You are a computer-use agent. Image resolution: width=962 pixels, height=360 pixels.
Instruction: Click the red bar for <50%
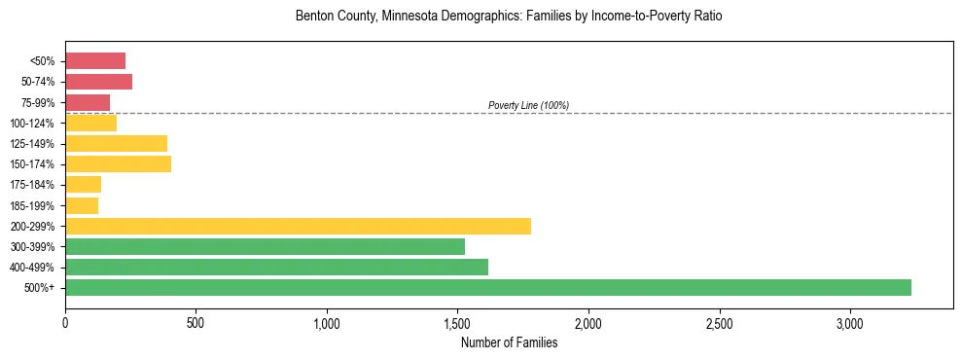(95, 60)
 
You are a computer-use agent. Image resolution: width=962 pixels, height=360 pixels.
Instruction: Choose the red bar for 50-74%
(98, 82)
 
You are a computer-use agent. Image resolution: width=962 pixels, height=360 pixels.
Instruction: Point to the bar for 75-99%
(88, 102)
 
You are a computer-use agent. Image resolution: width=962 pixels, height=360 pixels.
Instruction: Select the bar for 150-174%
(118, 163)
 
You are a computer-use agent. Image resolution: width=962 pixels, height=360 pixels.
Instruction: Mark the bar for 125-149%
(116, 143)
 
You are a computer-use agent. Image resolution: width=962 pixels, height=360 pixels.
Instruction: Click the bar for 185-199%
(82, 205)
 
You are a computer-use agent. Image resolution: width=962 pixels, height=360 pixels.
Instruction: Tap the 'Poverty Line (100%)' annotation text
(528, 105)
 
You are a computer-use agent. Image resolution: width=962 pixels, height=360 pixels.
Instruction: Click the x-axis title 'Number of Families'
(509, 342)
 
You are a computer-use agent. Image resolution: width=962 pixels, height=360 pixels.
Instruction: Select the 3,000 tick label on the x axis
(849, 322)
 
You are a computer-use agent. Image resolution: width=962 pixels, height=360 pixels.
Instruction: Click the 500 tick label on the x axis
(196, 322)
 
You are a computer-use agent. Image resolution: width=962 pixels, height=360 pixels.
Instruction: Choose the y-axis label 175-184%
(32, 185)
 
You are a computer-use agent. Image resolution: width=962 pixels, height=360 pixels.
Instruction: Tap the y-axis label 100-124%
(32, 124)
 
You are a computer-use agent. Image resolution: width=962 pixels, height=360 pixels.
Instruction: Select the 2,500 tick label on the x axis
(719, 322)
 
